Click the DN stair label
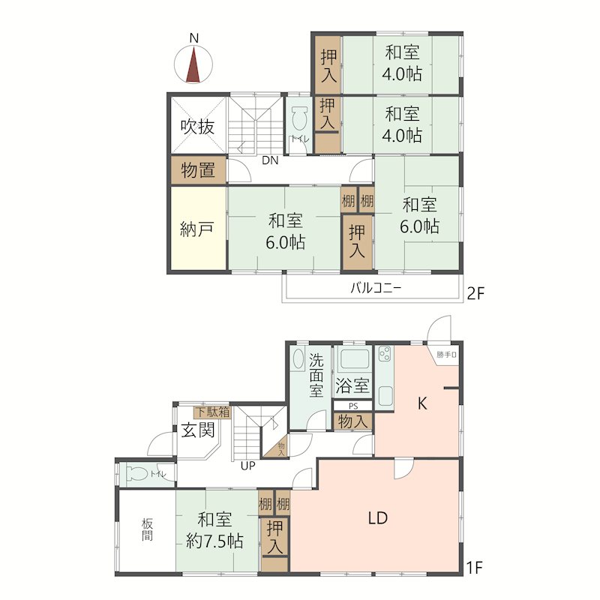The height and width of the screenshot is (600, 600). click(271, 160)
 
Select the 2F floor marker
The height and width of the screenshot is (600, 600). click(476, 293)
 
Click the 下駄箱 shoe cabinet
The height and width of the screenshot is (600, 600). click(212, 412)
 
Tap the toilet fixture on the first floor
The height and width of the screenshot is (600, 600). click(139, 474)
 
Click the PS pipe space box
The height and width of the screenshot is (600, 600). click(352, 406)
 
